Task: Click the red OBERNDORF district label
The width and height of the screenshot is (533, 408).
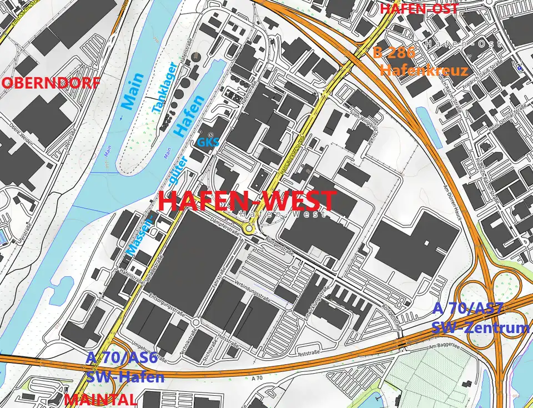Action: [x=52, y=83]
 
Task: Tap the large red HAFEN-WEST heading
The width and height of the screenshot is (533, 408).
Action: [x=248, y=201]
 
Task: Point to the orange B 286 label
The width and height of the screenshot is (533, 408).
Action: [x=394, y=53]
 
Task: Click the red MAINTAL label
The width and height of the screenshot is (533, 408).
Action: [x=100, y=400]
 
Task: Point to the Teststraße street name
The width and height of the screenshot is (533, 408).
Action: [x=310, y=353]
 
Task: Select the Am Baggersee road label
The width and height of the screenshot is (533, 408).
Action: [x=443, y=347]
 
